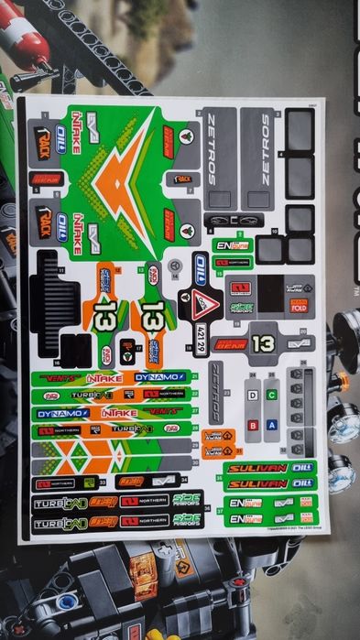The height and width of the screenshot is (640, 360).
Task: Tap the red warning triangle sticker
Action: click(207, 302)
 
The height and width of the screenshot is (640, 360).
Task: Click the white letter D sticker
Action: click(252, 396)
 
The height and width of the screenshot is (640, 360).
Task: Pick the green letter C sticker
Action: click(271, 396)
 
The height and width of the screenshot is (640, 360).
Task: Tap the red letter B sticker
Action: click(252, 425)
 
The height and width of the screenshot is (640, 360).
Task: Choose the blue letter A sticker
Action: click(271, 425)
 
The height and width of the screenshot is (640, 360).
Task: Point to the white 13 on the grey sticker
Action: click(264, 343)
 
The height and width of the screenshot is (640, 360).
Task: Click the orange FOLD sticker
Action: click(299, 307)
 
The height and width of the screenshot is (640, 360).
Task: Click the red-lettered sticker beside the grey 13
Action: click(230, 344)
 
